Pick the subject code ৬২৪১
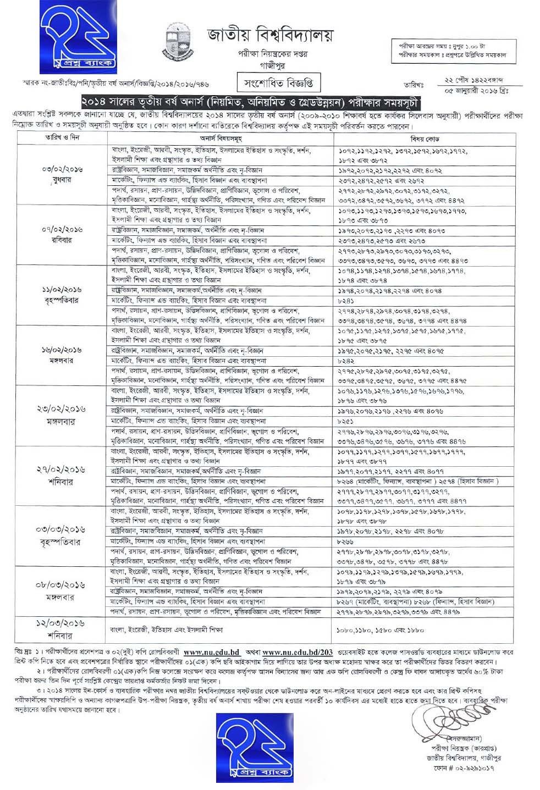345,301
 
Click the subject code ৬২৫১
345,421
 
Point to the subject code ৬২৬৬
345,541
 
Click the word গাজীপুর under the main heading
269,64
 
